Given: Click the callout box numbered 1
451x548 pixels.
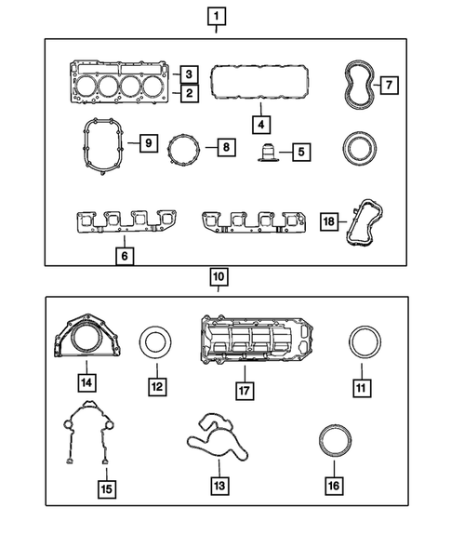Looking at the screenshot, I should click(x=216, y=16).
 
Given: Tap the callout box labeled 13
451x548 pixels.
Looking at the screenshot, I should click(x=219, y=484).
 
